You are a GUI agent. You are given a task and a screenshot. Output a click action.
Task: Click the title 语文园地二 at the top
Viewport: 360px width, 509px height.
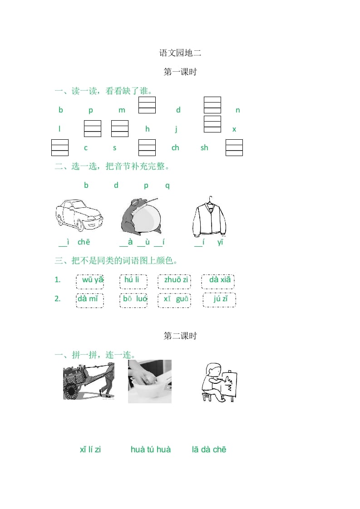click(180, 53)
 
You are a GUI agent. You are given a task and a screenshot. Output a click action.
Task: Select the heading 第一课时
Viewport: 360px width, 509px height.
click(180, 72)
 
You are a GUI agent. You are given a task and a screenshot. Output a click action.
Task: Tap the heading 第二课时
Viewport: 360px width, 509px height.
click(180, 336)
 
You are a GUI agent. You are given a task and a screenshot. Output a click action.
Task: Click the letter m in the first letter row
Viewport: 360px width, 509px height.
click(122, 110)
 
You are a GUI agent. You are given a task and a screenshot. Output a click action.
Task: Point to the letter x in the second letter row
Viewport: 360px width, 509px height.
click(234, 129)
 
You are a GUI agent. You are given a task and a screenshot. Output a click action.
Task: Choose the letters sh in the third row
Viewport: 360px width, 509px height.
click(204, 147)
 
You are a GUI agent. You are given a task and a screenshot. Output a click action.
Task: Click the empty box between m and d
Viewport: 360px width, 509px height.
click(147, 105)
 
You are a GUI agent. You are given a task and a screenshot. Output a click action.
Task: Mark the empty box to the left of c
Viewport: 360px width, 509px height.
click(60, 147)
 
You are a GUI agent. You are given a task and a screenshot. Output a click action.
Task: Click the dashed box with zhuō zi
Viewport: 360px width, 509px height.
click(174, 281)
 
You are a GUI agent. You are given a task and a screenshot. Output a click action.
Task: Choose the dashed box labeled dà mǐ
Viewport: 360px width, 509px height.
click(90, 300)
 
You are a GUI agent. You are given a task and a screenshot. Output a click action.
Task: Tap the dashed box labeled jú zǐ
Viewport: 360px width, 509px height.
click(219, 300)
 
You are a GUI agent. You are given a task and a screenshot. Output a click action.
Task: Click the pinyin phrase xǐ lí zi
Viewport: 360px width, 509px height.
click(90, 450)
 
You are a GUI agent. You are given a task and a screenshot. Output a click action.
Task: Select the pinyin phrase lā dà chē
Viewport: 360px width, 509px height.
click(209, 450)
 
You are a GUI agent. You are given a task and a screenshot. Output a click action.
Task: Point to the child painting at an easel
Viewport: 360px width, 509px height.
click(219, 382)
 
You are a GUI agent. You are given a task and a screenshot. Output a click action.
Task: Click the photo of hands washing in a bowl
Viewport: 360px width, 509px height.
click(150, 382)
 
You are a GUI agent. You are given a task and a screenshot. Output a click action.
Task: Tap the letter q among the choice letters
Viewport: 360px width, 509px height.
click(167, 186)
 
